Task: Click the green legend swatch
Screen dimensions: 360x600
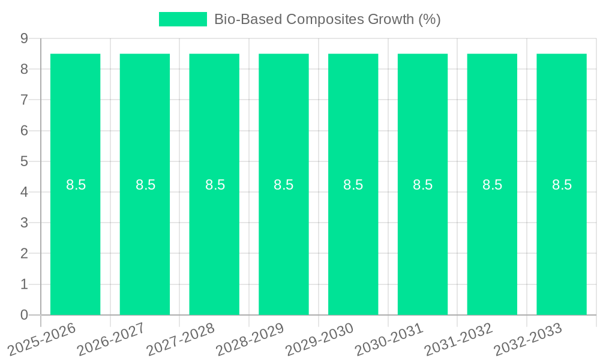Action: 182,19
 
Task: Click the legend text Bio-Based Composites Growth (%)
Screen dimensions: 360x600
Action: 327,19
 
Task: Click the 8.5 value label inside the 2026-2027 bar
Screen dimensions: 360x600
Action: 145,185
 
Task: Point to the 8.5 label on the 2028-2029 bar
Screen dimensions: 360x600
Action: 284,185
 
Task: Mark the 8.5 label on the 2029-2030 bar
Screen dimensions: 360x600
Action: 353,185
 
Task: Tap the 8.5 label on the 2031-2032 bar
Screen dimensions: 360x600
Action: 493,185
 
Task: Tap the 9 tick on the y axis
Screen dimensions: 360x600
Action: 25,38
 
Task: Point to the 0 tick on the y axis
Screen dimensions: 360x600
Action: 25,315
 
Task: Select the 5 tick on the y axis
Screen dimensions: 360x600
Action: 25,161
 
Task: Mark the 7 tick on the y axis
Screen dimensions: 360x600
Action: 25,100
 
